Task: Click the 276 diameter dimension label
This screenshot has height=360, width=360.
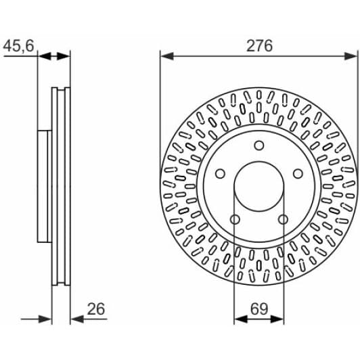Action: [x=259, y=46]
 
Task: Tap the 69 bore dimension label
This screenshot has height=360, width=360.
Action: [x=259, y=309]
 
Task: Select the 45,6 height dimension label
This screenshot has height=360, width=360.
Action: [x=18, y=46]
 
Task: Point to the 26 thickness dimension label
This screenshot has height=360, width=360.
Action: [x=96, y=309]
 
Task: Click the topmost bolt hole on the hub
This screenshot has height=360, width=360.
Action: [x=259, y=145]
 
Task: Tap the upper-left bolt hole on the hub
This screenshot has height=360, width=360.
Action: [x=220, y=173]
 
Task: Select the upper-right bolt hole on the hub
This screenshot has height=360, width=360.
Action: [x=298, y=173]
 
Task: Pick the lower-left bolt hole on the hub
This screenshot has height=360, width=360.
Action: [x=235, y=219]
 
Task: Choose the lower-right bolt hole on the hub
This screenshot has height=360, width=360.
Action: [x=283, y=219]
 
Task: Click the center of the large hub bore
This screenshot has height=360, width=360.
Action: [x=259, y=187]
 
